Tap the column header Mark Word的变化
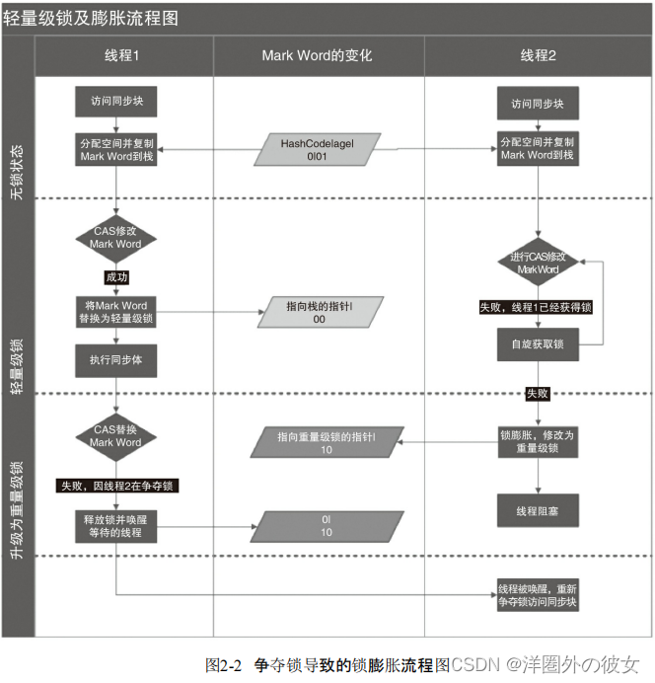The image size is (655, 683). coord(317,56)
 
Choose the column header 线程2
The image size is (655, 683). coord(538,56)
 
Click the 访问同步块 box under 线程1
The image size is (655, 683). coord(115,102)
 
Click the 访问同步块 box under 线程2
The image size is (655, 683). coord(538,104)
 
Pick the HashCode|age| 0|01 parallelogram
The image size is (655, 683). coord(317,149)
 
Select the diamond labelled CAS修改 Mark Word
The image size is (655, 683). coord(115,237)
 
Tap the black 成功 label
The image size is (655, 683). coord(115,277)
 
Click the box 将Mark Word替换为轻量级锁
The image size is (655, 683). coord(115,312)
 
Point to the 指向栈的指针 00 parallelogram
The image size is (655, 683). coord(319,313)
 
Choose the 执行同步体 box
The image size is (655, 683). coord(115,359)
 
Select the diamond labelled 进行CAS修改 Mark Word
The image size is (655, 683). coord(538,264)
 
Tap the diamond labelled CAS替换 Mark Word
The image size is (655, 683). coord(115,436)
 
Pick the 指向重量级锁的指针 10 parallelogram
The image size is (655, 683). coord(326,443)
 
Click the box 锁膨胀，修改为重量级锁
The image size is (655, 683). coord(538,441)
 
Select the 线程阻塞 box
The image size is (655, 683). coord(538,511)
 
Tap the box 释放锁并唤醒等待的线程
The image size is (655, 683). coord(115,524)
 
